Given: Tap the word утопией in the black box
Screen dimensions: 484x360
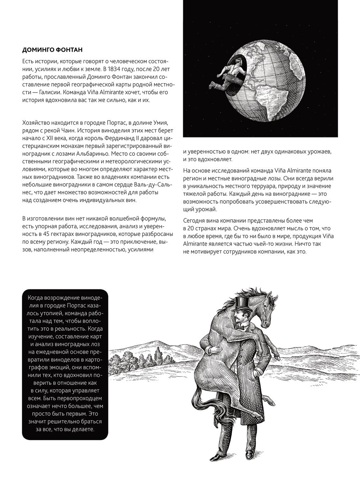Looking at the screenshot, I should pos(49,313).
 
